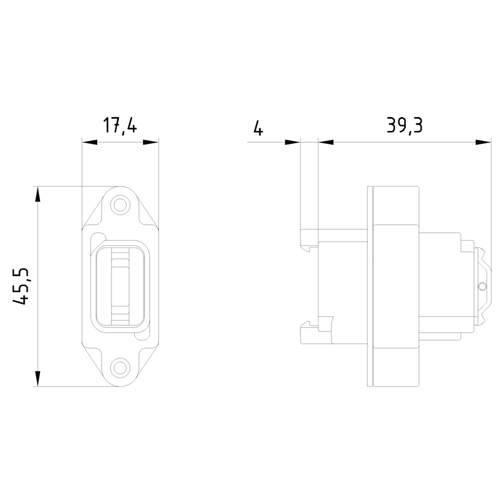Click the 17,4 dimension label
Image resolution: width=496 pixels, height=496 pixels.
tap(120, 126)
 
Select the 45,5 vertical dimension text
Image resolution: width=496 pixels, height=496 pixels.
tap(23, 286)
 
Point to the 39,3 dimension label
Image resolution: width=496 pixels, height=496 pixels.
tap(404, 126)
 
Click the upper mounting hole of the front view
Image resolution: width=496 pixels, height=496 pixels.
tap(119, 204)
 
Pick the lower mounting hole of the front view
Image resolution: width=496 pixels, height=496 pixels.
tap(119, 368)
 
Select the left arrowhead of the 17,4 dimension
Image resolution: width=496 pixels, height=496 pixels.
tap(89, 142)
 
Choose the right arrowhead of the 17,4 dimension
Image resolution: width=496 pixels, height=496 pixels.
tap(151, 142)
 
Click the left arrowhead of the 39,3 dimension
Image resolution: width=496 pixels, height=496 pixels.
tap(326, 142)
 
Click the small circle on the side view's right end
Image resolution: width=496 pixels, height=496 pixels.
tap(482, 287)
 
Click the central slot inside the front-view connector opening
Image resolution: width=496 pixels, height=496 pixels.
tap(119, 286)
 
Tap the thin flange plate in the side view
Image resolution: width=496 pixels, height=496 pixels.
tap(370, 286)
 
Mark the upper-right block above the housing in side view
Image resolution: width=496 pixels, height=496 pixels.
tap(396, 205)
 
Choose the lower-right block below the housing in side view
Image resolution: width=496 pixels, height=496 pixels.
tap(396, 367)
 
